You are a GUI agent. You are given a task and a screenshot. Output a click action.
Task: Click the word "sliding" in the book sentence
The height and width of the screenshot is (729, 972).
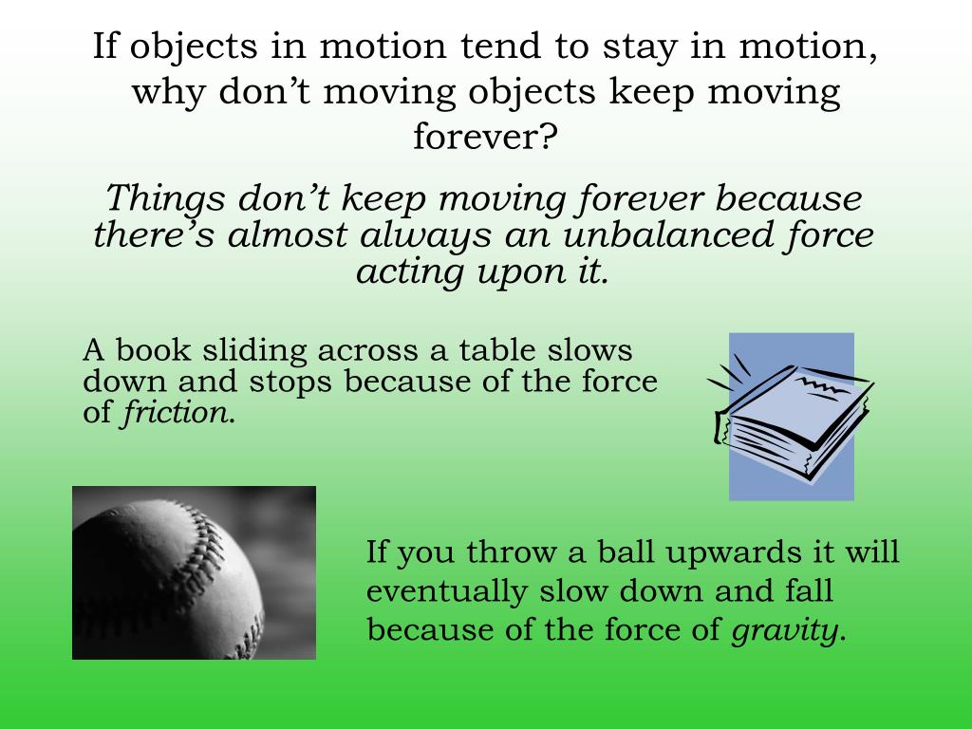click(x=255, y=350)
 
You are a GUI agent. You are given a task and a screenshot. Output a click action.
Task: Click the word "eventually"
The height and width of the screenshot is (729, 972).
click(x=446, y=592)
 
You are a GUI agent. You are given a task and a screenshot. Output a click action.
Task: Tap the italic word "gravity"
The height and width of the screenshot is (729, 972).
click(x=786, y=631)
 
